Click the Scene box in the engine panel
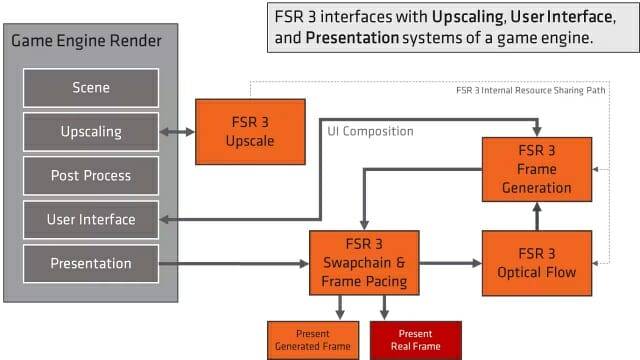pyautogui.click(x=91, y=88)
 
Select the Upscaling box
pyautogui.click(x=91, y=132)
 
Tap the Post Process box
pyautogui.click(x=91, y=176)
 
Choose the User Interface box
pyautogui.click(x=91, y=220)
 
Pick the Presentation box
pyautogui.click(x=91, y=264)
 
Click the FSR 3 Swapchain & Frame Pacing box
pyautogui.click(x=364, y=263)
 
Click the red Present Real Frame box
pyautogui.click(x=415, y=340)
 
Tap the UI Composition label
pyautogui.click(x=370, y=131)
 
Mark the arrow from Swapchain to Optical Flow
pyautogui.click(x=450, y=263)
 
